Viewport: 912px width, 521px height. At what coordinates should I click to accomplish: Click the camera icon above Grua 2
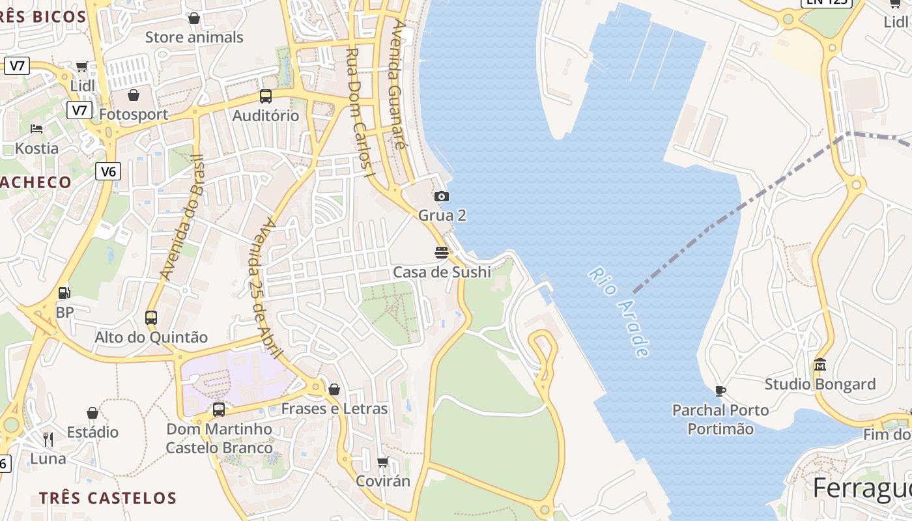tap(441, 196)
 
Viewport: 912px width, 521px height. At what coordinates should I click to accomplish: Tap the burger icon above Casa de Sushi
tap(442, 252)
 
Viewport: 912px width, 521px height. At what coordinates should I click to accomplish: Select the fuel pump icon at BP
tap(64, 293)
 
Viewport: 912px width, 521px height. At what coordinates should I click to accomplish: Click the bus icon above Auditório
tap(266, 96)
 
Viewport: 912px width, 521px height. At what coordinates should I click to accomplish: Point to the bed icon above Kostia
tap(36, 128)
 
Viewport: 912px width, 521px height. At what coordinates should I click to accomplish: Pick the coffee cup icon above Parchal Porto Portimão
tap(720, 391)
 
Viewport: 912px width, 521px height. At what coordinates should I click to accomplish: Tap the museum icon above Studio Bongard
tap(820, 364)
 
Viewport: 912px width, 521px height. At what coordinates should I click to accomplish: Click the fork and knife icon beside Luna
tap(48, 439)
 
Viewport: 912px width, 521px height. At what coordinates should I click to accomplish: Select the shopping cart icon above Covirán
tap(383, 462)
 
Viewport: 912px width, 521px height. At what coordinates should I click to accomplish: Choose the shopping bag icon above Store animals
tap(193, 18)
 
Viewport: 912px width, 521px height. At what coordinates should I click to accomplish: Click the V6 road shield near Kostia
tap(108, 171)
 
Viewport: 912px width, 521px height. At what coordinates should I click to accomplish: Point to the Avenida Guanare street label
tap(397, 85)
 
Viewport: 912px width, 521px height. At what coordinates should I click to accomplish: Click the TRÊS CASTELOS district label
tap(107, 498)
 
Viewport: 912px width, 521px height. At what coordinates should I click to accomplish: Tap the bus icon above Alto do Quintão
tap(151, 318)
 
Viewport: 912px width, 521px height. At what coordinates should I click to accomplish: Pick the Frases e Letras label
tap(334, 409)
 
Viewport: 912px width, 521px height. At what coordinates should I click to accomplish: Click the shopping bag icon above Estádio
tap(93, 413)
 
